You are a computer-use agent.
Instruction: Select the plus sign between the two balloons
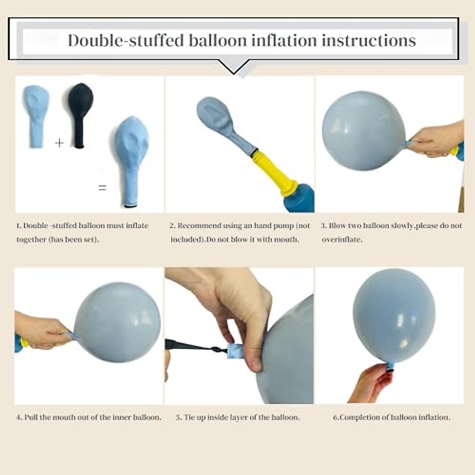click(x=59, y=142)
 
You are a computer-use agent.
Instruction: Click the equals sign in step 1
click(x=103, y=188)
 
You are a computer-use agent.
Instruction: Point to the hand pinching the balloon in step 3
click(x=435, y=141)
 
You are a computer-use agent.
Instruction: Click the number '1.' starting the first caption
click(x=19, y=226)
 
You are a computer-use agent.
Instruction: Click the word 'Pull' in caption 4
click(x=31, y=417)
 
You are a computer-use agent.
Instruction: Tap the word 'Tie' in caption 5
click(x=189, y=417)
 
